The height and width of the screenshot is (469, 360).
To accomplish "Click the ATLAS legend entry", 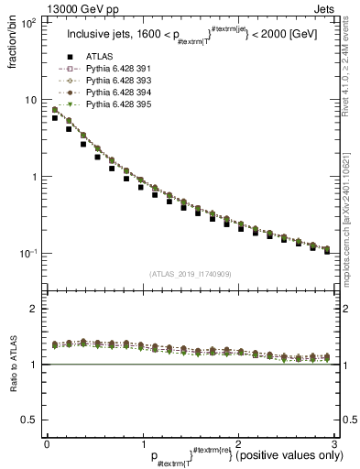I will click(x=103, y=60).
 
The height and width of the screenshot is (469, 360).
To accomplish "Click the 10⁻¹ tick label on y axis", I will click(x=28, y=254).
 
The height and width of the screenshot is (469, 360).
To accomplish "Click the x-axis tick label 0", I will click(x=46, y=442).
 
